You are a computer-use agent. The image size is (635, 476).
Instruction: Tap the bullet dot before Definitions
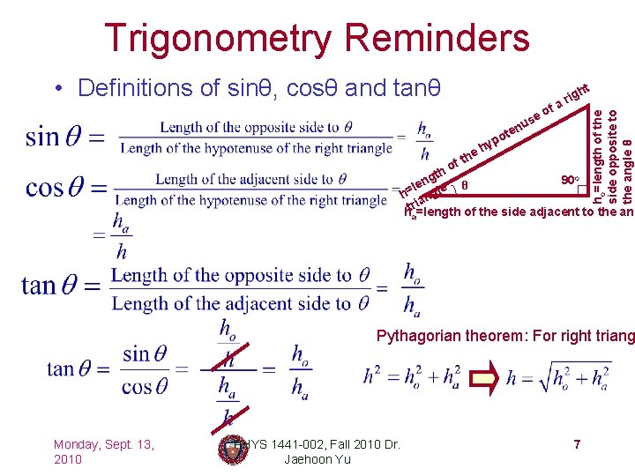pos(57,88)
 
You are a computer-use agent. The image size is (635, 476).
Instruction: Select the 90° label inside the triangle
pos(570,180)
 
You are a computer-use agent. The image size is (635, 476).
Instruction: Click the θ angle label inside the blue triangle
pos(465,186)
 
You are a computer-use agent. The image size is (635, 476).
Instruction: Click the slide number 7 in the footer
pos(576,444)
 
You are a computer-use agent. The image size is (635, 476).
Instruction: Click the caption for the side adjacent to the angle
pos(520,212)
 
